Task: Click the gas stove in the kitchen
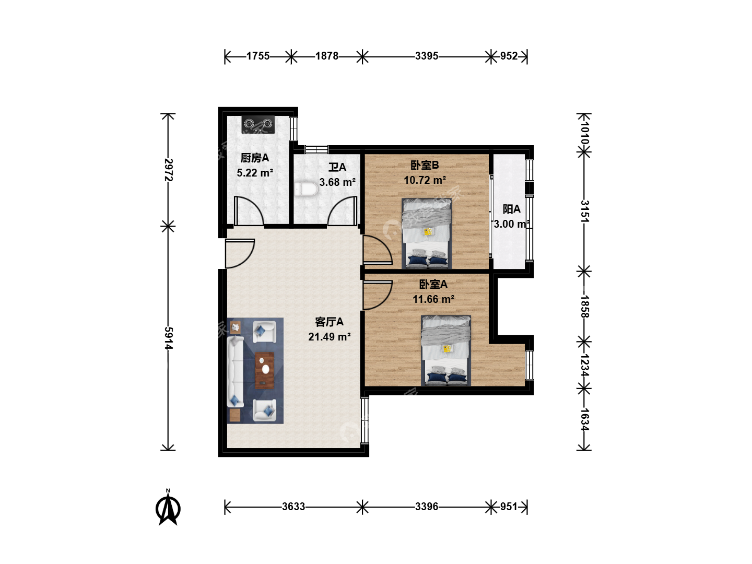(258, 124)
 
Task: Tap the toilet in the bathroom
(306, 190)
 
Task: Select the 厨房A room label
(254, 158)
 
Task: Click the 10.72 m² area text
(425, 180)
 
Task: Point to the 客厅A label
(329, 322)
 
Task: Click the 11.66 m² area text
(433, 299)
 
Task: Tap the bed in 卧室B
(427, 233)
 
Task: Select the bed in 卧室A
(446, 350)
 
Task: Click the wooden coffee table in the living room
(264, 370)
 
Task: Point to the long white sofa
(236, 371)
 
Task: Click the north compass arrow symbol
(168, 508)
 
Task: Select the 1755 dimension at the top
(258, 56)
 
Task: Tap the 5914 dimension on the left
(169, 338)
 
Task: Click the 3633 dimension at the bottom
(293, 507)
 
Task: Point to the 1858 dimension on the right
(584, 307)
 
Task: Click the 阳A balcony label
(511, 209)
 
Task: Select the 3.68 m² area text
(337, 182)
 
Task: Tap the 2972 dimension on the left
(169, 170)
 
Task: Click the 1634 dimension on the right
(584, 419)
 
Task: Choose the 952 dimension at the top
(509, 56)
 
